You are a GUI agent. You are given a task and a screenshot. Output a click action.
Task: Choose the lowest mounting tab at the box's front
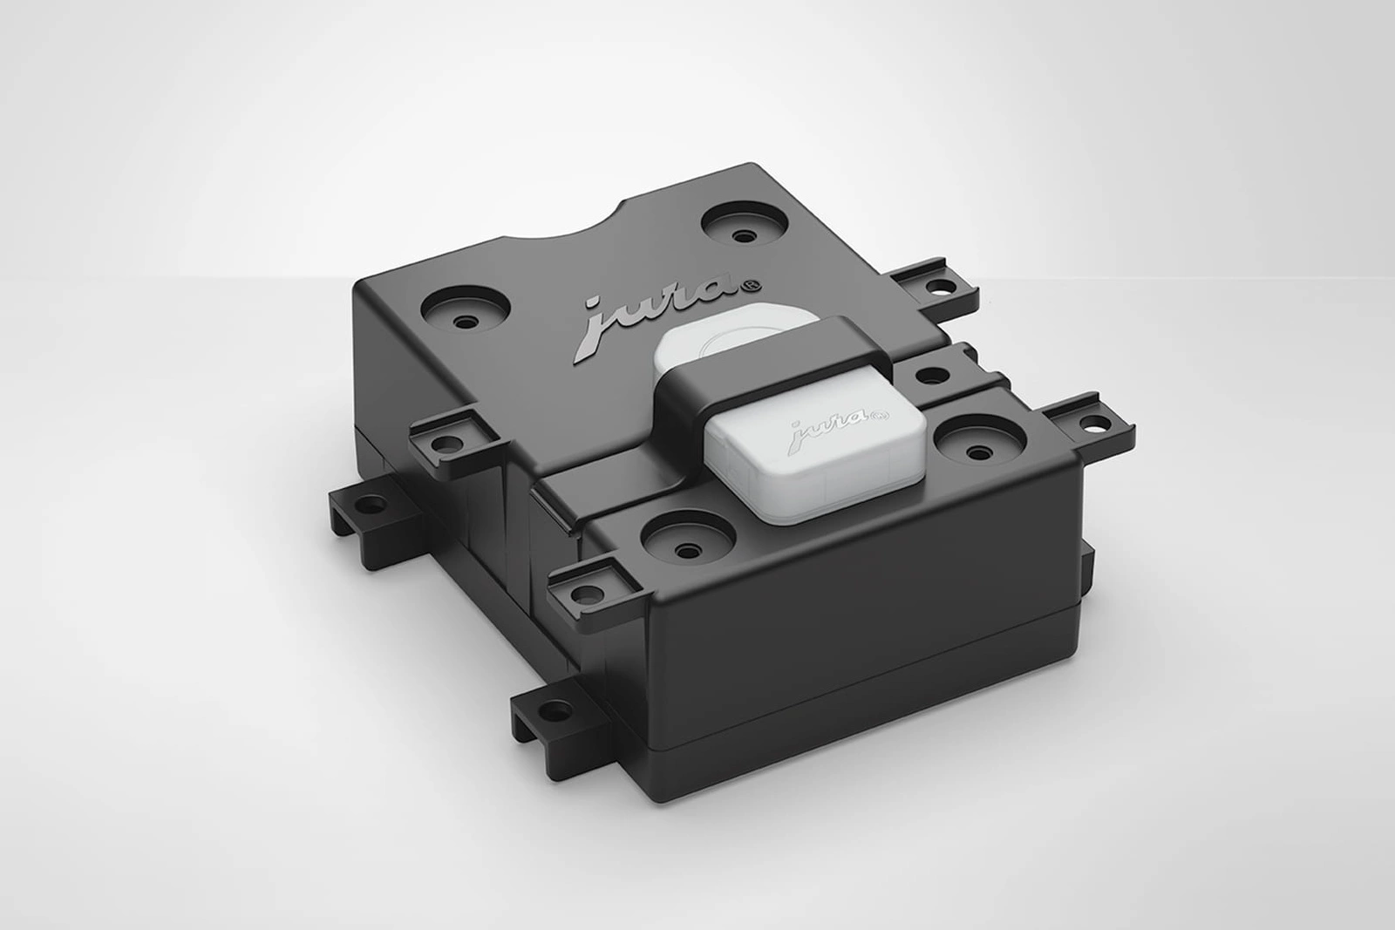555,705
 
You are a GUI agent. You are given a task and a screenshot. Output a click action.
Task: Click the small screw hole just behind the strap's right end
935,376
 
